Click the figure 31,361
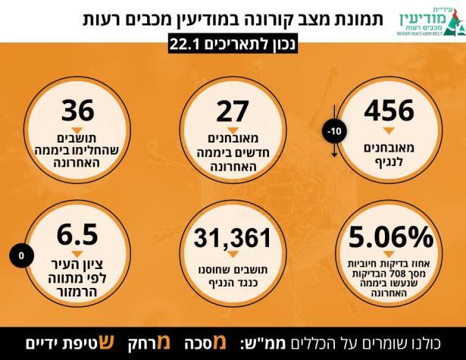coord(233,239)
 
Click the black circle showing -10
coord(335,131)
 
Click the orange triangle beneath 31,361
coord(233,256)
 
